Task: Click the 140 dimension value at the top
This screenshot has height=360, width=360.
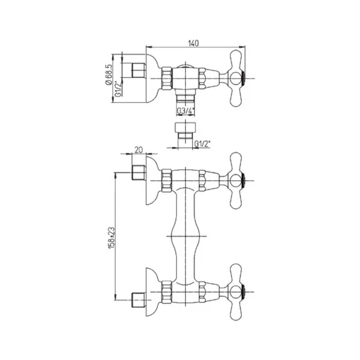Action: pyautogui.click(x=193, y=43)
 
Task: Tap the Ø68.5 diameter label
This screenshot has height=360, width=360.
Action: pyautogui.click(x=109, y=74)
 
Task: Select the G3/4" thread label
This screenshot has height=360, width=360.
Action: pyautogui.click(x=186, y=111)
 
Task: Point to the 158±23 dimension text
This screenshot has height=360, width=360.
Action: pyautogui.click(x=112, y=238)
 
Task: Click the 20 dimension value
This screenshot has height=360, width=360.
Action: pyautogui.click(x=139, y=150)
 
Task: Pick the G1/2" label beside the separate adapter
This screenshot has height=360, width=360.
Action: pyautogui.click(x=202, y=144)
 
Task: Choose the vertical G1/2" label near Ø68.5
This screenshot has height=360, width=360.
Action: pyautogui.click(x=118, y=89)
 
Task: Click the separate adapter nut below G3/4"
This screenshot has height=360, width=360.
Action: pyautogui.click(x=185, y=131)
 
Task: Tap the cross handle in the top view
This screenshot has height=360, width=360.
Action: pyautogui.click(x=236, y=79)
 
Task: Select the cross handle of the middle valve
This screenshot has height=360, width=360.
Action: pyautogui.click(x=236, y=181)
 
